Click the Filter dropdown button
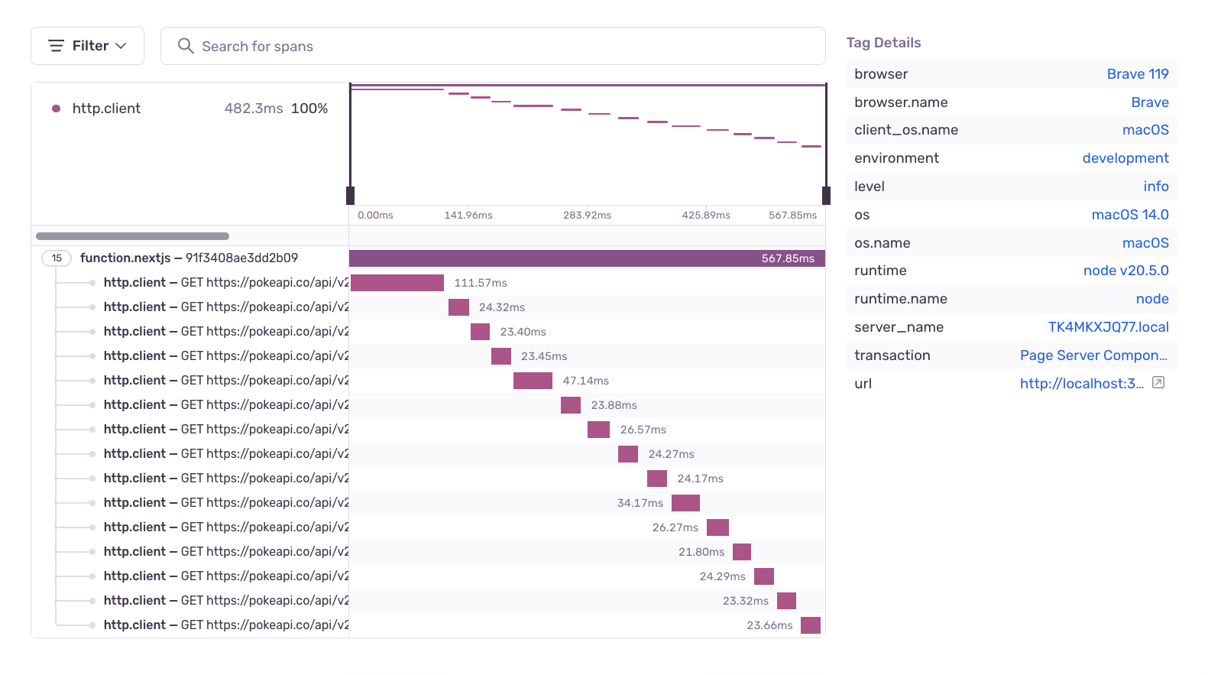click(87, 46)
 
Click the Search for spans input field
click(493, 46)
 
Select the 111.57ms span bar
click(397, 283)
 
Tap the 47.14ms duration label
click(586, 381)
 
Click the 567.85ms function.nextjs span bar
click(587, 258)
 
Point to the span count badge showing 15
click(57, 258)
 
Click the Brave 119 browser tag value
click(1137, 74)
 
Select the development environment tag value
click(1125, 158)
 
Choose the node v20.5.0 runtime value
click(1125, 271)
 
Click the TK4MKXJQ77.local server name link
click(1108, 327)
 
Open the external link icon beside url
click(1158, 383)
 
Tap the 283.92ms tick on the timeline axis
click(587, 215)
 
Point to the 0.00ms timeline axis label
click(375, 215)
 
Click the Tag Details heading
click(883, 43)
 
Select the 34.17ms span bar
click(685, 503)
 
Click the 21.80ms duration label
click(701, 552)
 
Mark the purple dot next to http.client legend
click(56, 109)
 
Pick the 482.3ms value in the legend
click(254, 109)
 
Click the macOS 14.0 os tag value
click(1129, 215)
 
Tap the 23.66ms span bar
click(811, 625)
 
